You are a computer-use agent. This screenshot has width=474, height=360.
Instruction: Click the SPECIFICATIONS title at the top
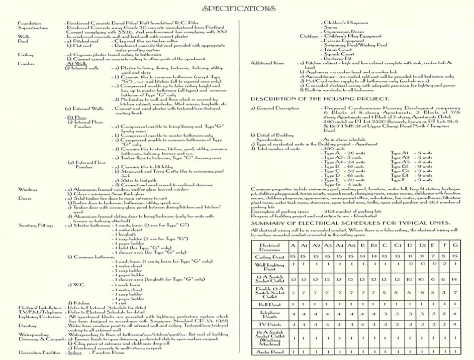pyautogui.click(x=239, y=9)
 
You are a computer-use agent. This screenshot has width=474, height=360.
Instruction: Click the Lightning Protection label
pyautogui.click(x=36, y=316)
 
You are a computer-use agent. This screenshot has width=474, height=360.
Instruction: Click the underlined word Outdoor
pyautogui.click(x=310, y=37)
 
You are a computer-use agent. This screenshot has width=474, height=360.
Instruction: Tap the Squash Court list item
pyautogui.click(x=338, y=54)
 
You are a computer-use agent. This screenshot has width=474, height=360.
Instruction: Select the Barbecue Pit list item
pyautogui.click(x=338, y=59)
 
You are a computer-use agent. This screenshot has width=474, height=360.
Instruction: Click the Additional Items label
pyautogui.click(x=267, y=63)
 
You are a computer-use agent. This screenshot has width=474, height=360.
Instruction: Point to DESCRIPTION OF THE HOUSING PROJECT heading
pyautogui.click(x=319, y=98)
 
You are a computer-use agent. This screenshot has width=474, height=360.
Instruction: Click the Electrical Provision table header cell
pyautogui.click(x=269, y=247)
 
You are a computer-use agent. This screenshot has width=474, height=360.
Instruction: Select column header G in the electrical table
pyautogui.click(x=454, y=246)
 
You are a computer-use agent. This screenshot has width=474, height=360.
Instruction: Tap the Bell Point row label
pyautogui.click(x=269, y=304)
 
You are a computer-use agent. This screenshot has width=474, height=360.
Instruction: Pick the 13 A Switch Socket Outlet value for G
pyautogui.click(x=454, y=279)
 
